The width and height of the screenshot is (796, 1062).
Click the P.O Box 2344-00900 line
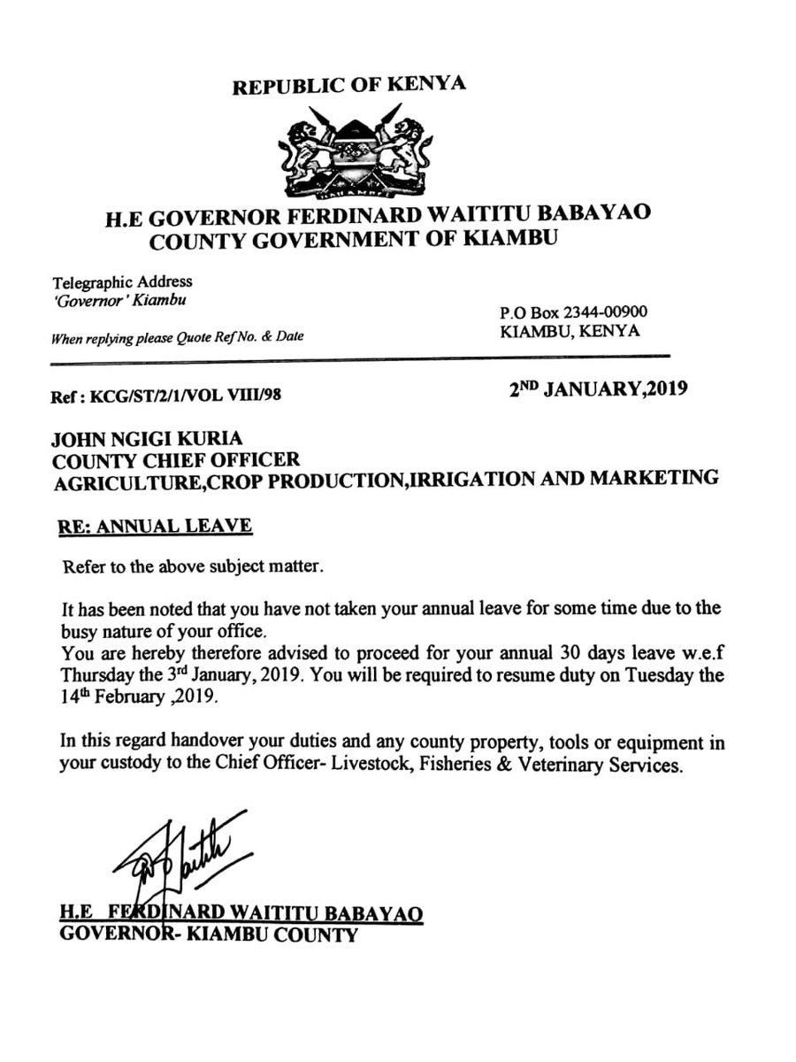(x=573, y=312)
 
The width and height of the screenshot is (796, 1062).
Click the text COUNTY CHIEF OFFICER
(x=175, y=459)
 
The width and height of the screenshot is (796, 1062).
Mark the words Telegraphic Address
(x=122, y=282)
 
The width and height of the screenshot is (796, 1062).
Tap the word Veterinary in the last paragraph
(x=571, y=764)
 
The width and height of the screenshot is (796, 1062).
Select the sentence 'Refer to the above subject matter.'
(x=193, y=566)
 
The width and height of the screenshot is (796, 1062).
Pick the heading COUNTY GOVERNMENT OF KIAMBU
(x=354, y=240)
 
